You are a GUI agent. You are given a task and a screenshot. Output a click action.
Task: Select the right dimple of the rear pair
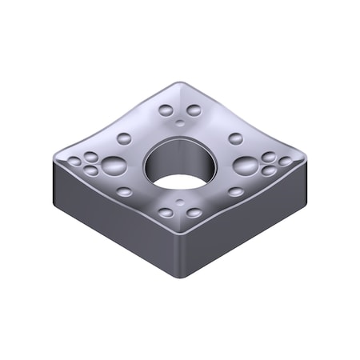(194, 110)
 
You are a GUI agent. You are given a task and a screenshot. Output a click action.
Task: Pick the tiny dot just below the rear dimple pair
(180, 122)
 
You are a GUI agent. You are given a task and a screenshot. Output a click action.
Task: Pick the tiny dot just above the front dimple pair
(180, 202)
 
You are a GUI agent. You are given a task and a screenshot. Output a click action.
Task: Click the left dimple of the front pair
(166, 214)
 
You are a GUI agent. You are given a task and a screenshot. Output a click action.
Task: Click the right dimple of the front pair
(194, 214)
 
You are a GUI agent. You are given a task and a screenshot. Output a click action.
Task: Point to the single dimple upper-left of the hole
(124, 138)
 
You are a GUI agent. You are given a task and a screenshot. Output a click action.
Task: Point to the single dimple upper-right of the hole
(235, 138)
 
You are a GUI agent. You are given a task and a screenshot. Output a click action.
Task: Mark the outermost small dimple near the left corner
(74, 162)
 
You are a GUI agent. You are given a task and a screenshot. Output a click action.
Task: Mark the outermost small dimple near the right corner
(286, 162)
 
